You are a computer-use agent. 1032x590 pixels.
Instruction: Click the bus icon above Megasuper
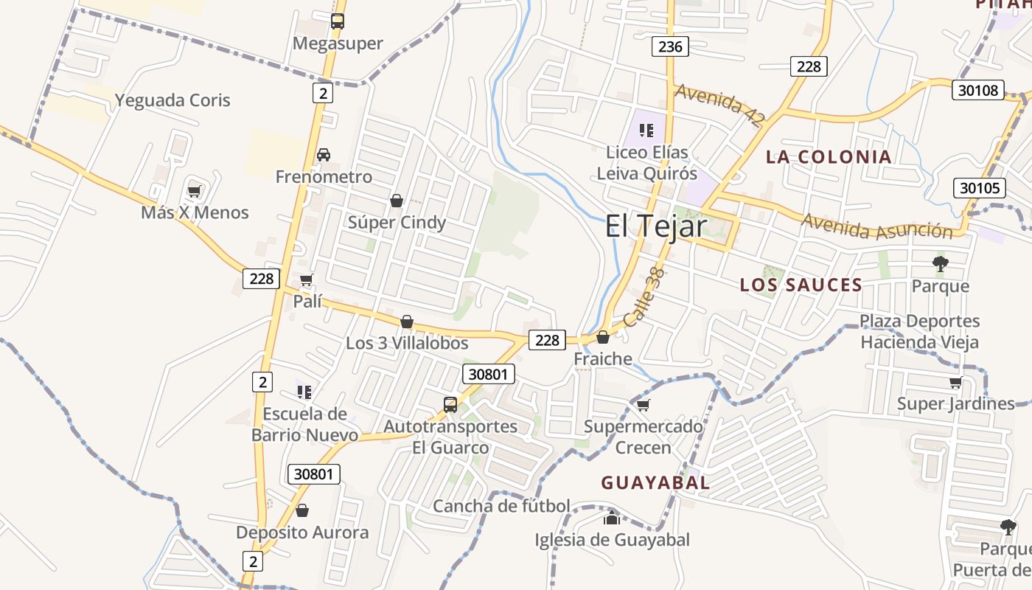click(x=338, y=21)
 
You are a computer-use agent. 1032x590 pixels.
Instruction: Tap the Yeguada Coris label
click(x=172, y=100)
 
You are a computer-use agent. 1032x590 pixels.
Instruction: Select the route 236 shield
click(x=669, y=47)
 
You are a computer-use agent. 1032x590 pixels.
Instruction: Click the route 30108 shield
click(x=979, y=91)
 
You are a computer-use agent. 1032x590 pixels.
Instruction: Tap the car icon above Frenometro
click(x=323, y=155)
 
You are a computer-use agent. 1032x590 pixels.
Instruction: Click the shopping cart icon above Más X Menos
click(x=195, y=192)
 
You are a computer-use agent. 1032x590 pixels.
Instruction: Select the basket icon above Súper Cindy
click(x=397, y=201)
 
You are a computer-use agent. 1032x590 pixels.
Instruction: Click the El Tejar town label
click(x=656, y=226)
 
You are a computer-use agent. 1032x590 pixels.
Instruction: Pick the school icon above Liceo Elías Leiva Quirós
click(x=646, y=131)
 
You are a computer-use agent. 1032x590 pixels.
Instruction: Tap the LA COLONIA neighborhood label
click(x=829, y=156)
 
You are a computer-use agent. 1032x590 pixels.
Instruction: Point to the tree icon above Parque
click(x=940, y=263)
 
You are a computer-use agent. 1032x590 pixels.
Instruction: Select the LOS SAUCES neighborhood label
click(x=801, y=285)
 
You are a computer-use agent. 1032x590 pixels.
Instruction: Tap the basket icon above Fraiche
click(x=603, y=338)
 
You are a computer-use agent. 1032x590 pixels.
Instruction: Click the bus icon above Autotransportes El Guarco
click(x=450, y=404)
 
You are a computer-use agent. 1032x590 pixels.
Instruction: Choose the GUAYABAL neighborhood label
click(x=655, y=483)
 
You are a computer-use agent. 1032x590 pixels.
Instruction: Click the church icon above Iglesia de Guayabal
click(x=611, y=518)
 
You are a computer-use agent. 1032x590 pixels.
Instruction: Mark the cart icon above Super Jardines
click(x=955, y=382)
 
